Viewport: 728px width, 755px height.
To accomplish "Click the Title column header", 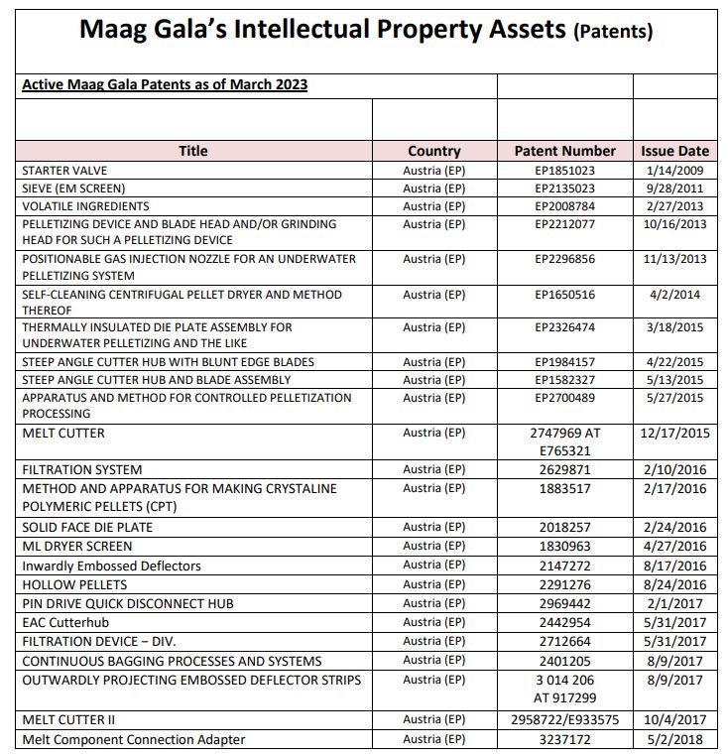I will click(193, 151).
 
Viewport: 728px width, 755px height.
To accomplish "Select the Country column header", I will click(433, 151).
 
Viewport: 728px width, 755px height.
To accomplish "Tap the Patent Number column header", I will click(564, 151).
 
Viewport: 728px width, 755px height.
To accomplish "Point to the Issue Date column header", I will click(674, 151).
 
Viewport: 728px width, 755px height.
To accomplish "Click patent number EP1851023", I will click(564, 171).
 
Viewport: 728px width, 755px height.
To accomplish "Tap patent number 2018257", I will click(564, 528).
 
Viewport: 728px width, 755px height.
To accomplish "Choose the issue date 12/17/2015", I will click(674, 434).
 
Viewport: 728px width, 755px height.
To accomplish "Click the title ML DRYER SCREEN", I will click(77, 547).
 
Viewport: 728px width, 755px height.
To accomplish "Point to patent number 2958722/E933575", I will click(564, 720).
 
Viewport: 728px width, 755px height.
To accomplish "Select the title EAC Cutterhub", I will click(67, 623).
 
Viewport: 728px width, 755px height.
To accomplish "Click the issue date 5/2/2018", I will click(674, 739).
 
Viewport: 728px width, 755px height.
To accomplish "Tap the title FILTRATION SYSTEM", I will click(82, 470).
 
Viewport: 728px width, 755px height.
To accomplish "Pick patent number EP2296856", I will click(564, 259).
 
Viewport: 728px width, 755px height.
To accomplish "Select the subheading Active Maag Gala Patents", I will click(164, 85).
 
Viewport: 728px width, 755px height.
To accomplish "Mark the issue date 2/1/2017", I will click(674, 604).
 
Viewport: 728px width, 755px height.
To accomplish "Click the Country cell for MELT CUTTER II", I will click(433, 720).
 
